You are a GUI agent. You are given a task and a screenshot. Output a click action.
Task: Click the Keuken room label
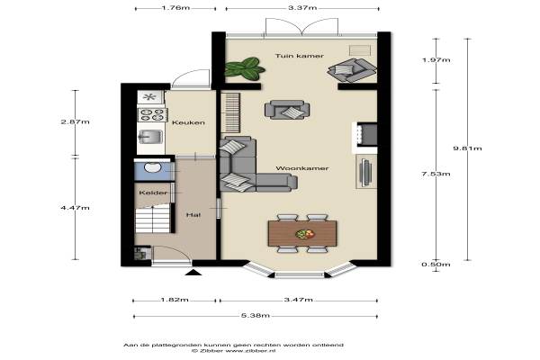pos(188,122)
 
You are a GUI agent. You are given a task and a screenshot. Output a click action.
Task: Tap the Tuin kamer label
pos(300,56)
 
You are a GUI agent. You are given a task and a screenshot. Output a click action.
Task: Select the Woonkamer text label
pos(302,168)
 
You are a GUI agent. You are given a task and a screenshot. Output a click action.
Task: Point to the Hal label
pos(193,215)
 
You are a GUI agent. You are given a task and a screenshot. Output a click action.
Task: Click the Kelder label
pos(153,193)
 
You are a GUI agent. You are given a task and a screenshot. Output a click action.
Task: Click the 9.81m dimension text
pos(467,148)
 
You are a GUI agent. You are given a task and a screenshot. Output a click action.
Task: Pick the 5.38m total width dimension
pos(256,316)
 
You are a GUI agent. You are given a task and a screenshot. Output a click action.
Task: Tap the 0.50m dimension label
pos(436,265)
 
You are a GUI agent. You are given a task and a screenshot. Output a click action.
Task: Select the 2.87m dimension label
pos(75,121)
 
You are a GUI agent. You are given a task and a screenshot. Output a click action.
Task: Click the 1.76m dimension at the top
pos(175,8)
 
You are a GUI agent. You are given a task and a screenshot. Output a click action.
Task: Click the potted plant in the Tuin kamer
pos(245,67)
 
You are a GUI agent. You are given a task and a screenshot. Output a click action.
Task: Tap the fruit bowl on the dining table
pos(305,234)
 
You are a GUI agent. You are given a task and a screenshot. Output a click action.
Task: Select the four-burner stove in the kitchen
pos(153,114)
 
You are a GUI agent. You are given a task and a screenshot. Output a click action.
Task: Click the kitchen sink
pos(150,137)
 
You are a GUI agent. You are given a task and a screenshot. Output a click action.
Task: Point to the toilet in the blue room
pos(153,167)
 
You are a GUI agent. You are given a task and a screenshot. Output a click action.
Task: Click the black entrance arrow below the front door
pos(193,273)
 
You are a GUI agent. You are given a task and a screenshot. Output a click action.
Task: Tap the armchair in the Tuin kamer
pos(351,70)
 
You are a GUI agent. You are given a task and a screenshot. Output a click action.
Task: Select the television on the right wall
pos(365,171)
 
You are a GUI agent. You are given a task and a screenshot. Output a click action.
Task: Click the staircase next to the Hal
pos(153,219)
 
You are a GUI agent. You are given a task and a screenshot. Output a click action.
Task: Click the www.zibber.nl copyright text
pos(234,351)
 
